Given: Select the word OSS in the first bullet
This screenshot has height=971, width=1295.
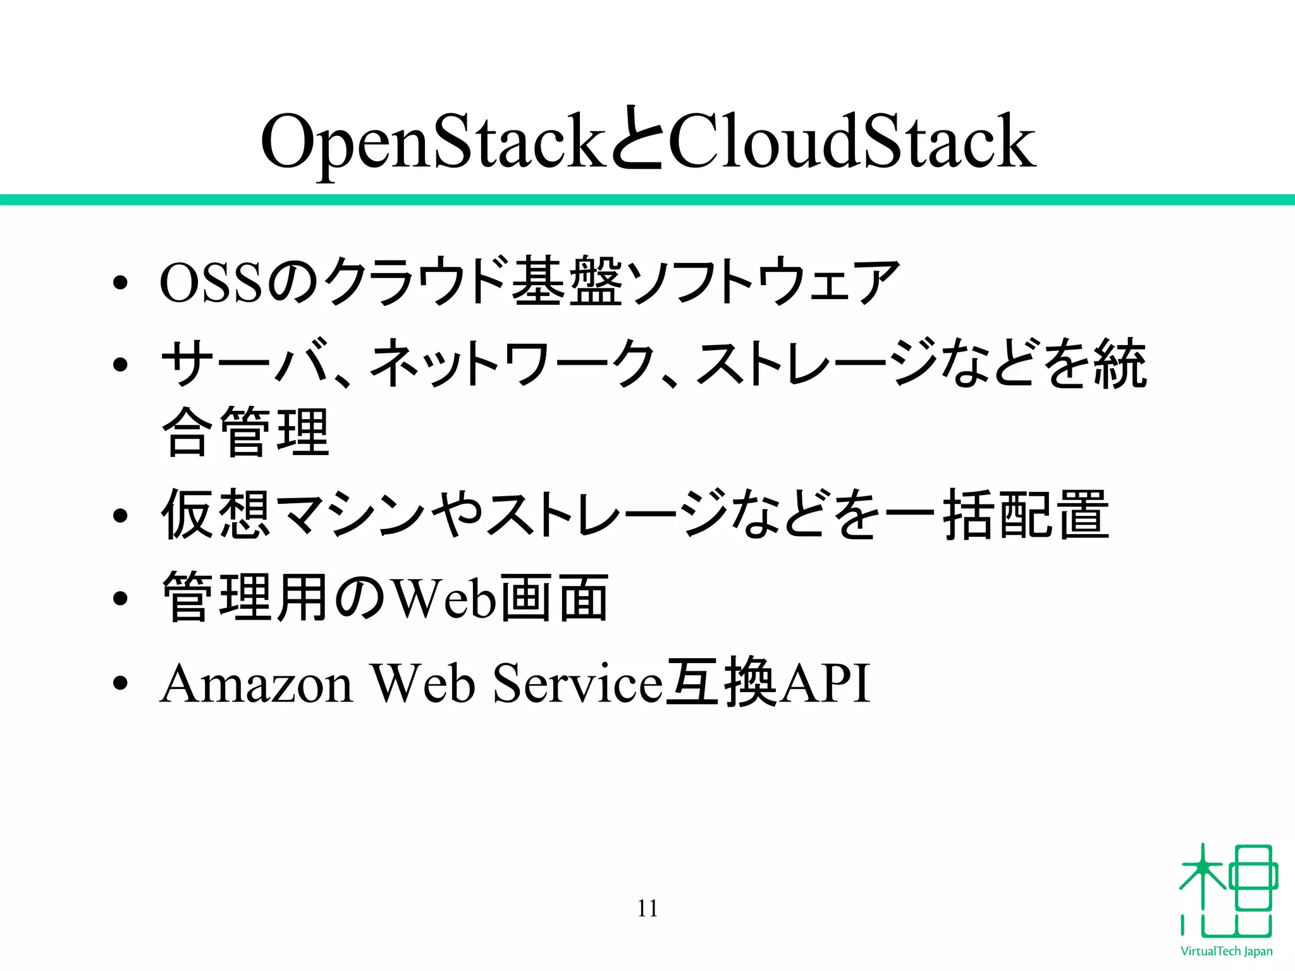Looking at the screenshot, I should click(x=210, y=283).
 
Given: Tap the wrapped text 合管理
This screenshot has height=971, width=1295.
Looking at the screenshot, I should click(x=246, y=433).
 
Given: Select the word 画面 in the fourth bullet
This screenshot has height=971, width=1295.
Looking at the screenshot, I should click(x=553, y=597).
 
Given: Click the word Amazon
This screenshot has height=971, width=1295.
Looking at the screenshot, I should click(x=256, y=684).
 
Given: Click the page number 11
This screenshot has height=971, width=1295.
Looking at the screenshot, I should click(x=647, y=908).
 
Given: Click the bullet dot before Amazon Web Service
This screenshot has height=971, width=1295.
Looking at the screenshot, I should click(x=120, y=684).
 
